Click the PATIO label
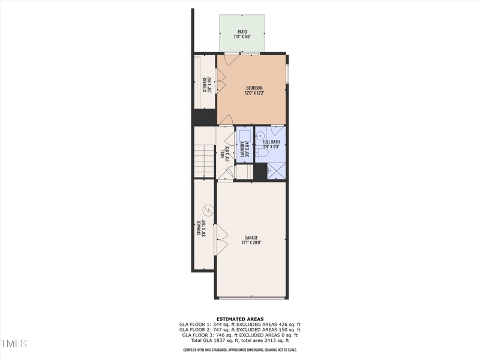tap(242, 31)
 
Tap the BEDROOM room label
tap(254, 88)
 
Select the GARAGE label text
tap(251, 238)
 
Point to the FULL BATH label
tap(271, 142)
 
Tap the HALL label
tap(223, 154)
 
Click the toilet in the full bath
tap(262, 154)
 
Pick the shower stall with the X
tap(276, 172)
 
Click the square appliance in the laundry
tap(245, 134)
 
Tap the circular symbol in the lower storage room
tap(208, 211)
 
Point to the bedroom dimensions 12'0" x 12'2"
tap(254, 94)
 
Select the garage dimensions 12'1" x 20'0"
tap(251, 243)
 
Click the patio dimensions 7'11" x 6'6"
tap(242, 37)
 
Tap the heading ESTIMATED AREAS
tap(239, 319)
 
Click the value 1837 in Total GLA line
tap(230, 340)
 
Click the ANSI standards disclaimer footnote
tap(239, 349)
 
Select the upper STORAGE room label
tap(204, 86)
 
